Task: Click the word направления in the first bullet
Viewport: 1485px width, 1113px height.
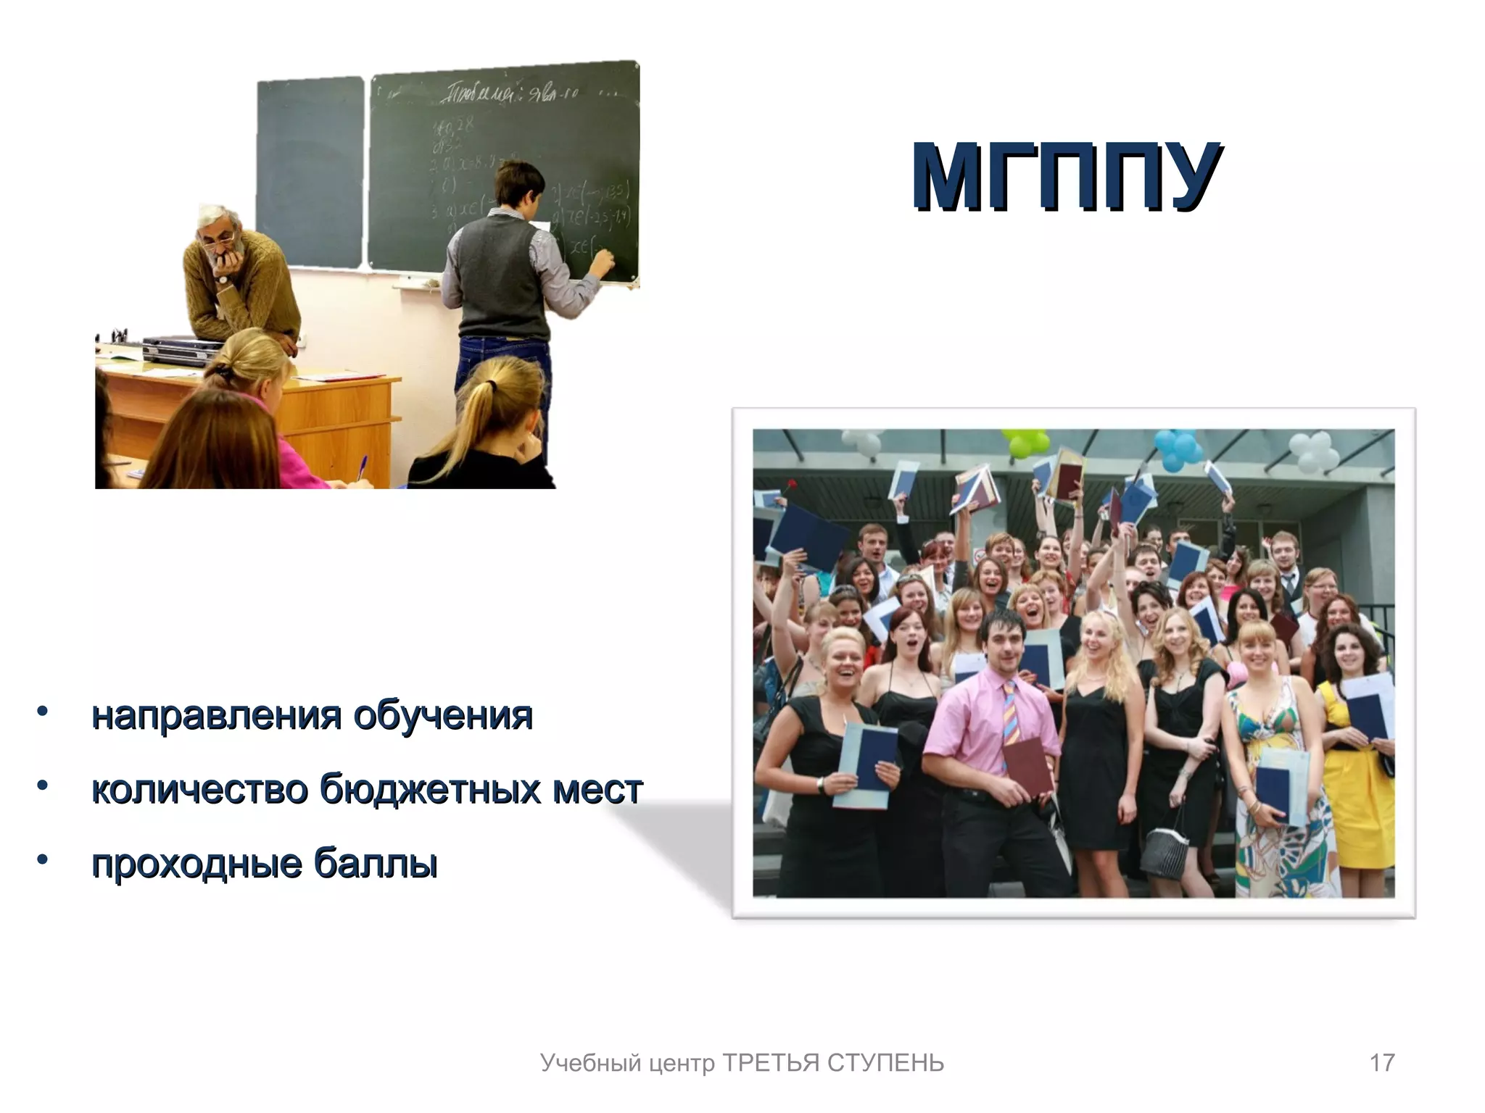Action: pyautogui.click(x=216, y=716)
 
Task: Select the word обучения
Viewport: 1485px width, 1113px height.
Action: pyautogui.click(x=443, y=716)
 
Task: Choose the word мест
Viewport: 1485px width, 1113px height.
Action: pyautogui.click(x=597, y=789)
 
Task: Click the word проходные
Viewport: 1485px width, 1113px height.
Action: pyautogui.click(x=196, y=863)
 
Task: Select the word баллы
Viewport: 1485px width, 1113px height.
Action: pyautogui.click(x=376, y=863)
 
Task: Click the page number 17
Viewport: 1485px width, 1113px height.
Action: pyautogui.click(x=1381, y=1062)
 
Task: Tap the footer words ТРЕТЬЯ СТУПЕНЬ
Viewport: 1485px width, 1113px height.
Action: pyautogui.click(x=833, y=1063)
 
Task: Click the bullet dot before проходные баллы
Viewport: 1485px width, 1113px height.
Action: pyautogui.click(x=43, y=859)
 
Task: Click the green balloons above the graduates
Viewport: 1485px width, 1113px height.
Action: pyautogui.click(x=1024, y=441)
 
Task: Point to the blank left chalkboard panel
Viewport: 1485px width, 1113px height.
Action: pyautogui.click(x=310, y=170)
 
